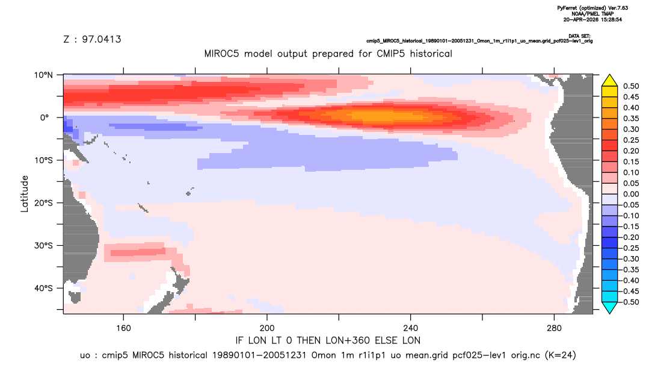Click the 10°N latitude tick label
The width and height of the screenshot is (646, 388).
click(x=43, y=75)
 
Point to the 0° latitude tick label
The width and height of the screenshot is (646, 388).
click(x=45, y=117)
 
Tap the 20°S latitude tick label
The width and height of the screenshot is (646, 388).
click(x=43, y=202)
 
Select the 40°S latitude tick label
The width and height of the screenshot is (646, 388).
click(x=43, y=288)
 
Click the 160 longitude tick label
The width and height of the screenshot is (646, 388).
click(x=123, y=328)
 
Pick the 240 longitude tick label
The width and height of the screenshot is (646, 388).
click(x=411, y=328)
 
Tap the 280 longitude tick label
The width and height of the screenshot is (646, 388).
click(x=554, y=328)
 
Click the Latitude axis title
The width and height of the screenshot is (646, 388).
click(x=25, y=194)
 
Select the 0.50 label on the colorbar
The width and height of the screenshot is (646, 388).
click(x=631, y=86)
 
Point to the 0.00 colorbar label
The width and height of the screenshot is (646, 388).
click(x=631, y=194)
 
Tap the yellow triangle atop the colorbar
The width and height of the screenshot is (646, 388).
click(x=610, y=81)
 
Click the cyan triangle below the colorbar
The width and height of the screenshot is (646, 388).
click(x=610, y=307)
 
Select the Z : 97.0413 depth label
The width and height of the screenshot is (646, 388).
click(x=92, y=39)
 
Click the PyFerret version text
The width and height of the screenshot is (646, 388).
click(x=592, y=8)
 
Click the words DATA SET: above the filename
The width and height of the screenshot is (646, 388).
click(x=579, y=36)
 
